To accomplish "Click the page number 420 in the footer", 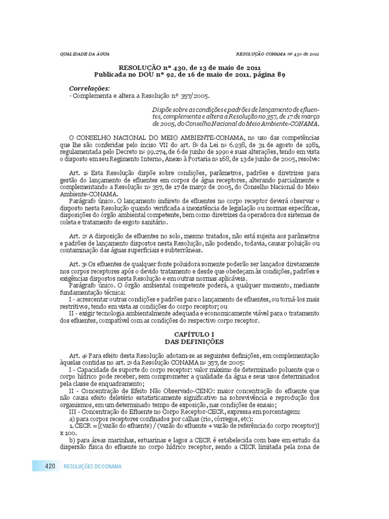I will tap(50, 466).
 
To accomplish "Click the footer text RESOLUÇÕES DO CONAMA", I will tap(93, 466).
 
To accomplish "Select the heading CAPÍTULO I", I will tap(194, 335).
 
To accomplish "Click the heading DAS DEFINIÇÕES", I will tap(194, 342).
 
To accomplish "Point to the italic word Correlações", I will tap(89, 88).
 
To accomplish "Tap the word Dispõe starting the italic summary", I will tap(163, 110).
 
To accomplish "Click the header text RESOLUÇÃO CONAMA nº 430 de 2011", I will tap(278, 54).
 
